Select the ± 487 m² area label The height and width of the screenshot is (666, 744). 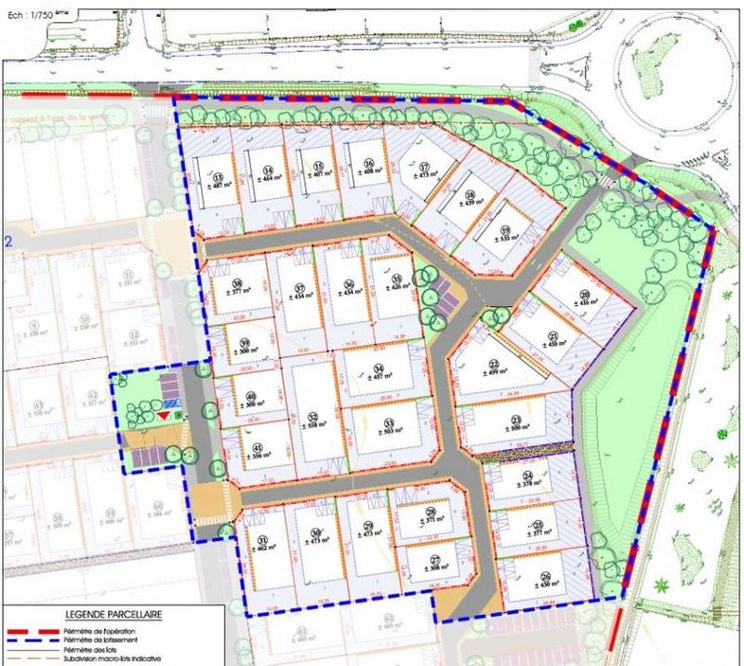[x=220, y=186]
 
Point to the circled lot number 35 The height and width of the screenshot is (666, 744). [x=396, y=278]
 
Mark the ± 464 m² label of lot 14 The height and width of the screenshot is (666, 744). [x=270, y=182]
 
